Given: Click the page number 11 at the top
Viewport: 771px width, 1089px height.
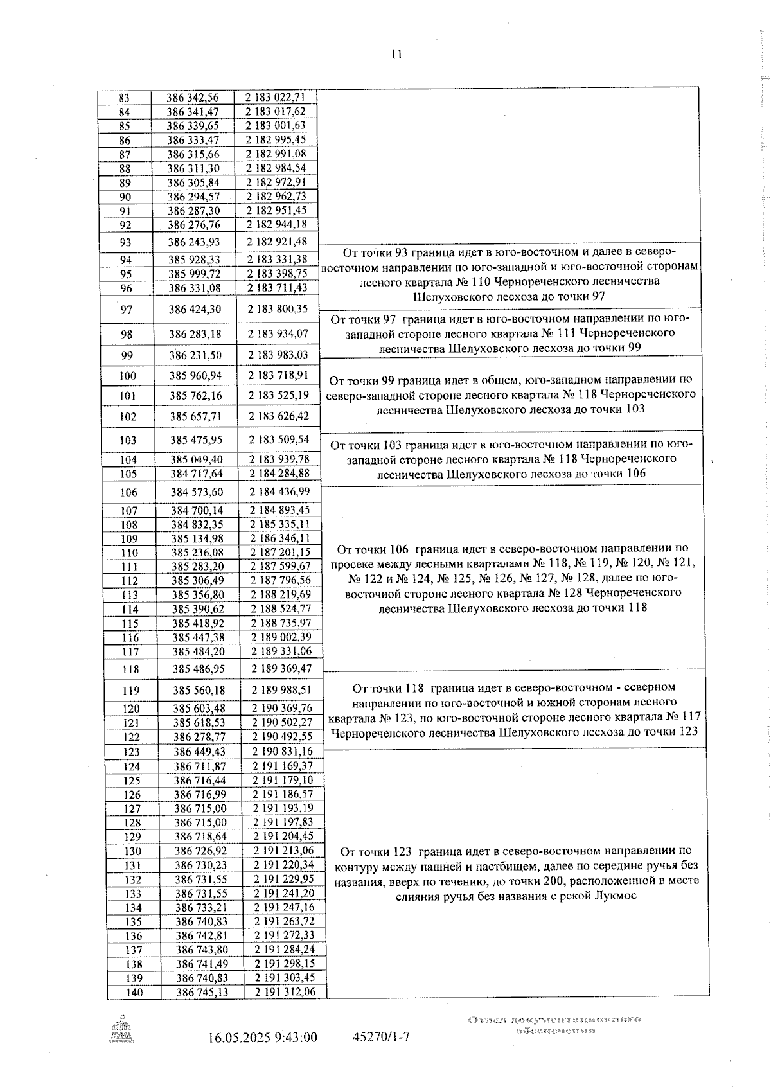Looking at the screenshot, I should [396, 55].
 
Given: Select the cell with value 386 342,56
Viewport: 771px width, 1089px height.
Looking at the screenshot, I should [192, 98].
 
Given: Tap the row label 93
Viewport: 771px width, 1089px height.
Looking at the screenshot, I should [125, 242].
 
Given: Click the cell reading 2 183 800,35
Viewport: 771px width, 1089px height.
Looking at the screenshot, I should [277, 309].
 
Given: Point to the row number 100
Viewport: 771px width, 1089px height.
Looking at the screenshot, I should [128, 376].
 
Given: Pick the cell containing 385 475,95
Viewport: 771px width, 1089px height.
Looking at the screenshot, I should [196, 440].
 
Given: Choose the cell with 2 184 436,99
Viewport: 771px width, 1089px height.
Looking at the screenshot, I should [279, 492].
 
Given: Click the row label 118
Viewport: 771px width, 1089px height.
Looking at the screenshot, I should [130, 669].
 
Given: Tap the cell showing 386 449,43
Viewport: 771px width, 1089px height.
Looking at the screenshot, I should [200, 752].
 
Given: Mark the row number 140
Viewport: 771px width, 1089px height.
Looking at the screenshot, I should [134, 993].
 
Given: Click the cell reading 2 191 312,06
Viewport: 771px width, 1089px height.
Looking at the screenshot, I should [285, 993].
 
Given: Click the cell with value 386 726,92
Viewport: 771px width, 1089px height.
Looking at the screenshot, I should [200, 851].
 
